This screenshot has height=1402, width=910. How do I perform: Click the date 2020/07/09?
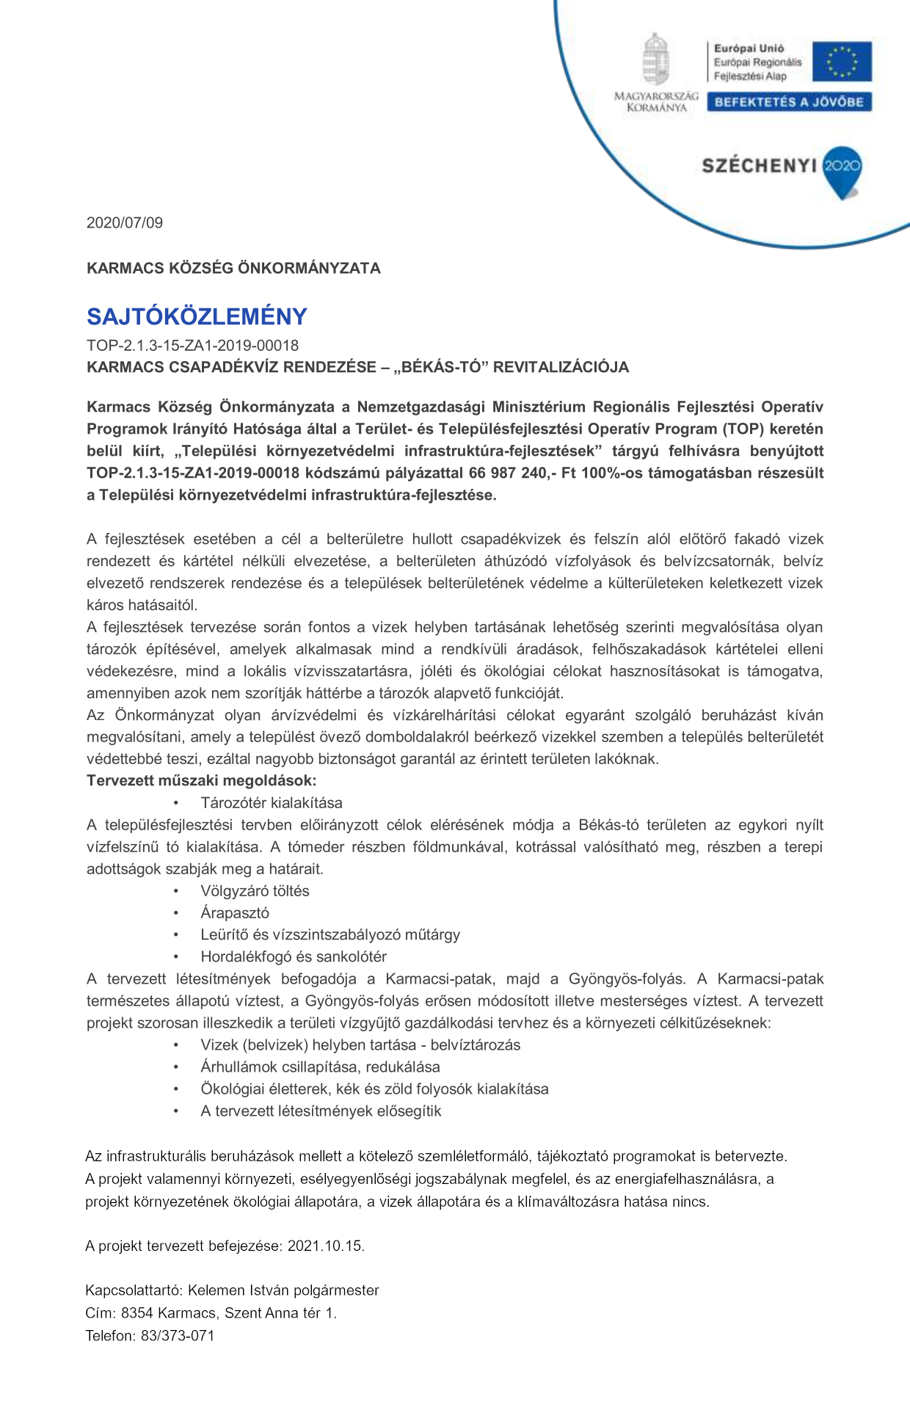125,222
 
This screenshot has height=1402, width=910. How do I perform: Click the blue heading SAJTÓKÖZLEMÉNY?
197,316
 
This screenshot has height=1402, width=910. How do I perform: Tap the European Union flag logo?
847,62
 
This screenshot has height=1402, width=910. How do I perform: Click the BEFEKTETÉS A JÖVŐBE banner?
789,102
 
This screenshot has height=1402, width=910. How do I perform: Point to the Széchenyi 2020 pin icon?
842,171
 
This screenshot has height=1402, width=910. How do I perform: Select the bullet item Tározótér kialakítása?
271,802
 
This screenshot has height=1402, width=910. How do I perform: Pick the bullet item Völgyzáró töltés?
255,890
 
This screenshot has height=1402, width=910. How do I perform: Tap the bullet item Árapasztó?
235,912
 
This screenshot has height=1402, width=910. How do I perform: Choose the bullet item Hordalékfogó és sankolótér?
293,956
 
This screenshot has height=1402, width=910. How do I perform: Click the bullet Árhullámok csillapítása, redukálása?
320,1067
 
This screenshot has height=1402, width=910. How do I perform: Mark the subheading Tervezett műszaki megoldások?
201,780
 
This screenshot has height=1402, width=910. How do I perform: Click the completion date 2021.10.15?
326,1246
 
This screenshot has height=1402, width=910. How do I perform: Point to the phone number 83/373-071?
178,1335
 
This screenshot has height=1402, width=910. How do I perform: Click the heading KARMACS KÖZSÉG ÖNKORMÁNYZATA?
233,268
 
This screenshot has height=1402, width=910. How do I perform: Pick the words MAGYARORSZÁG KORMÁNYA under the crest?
656,102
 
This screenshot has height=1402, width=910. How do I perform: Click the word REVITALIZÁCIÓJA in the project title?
561,367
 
